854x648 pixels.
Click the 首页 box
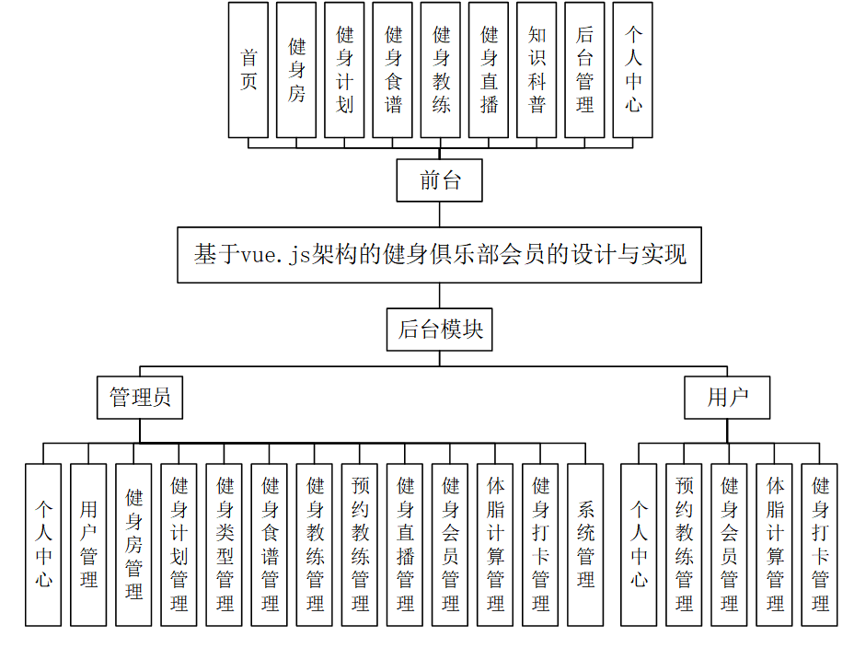248,70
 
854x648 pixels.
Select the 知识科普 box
537,70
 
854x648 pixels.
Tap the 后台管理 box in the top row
584,70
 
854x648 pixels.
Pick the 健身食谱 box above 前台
393,70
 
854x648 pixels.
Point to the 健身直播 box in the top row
489,70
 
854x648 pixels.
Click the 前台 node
440,180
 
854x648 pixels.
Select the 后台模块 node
439,330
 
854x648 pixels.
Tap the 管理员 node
140,398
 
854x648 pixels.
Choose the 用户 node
727,398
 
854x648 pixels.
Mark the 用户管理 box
89,544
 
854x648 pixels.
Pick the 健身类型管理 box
225,544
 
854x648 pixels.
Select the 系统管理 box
585,544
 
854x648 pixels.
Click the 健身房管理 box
134,544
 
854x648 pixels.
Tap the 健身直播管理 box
405,544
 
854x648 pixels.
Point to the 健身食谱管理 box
270,544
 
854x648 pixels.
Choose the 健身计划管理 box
179,544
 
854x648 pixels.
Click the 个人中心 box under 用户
639,544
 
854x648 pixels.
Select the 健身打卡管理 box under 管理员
540,544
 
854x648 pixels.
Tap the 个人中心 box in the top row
632,70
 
